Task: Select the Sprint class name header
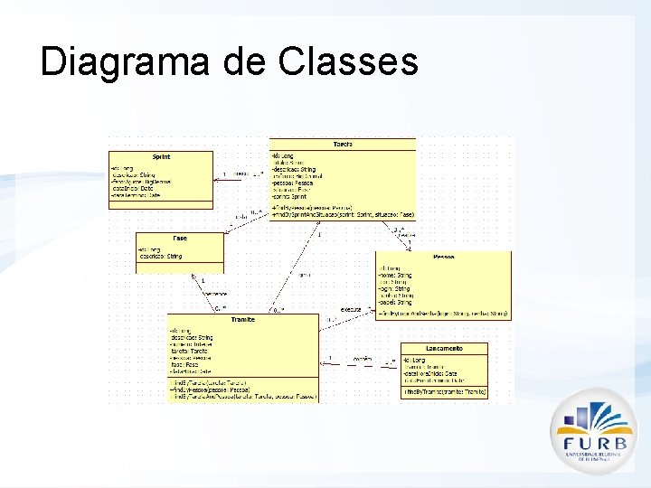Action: click(x=161, y=156)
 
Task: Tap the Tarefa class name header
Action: click(x=343, y=144)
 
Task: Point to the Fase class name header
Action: click(x=179, y=238)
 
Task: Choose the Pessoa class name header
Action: click(x=443, y=257)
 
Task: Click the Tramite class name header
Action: click(x=242, y=319)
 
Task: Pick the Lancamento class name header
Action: click(x=444, y=348)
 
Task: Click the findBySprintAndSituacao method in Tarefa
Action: click(x=343, y=214)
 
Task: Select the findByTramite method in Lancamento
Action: click(x=444, y=392)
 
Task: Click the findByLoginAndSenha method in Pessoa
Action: click(x=444, y=314)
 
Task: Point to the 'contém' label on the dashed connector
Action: click(x=362, y=359)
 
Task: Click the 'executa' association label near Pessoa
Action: click(x=350, y=309)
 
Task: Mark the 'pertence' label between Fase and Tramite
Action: click(x=215, y=294)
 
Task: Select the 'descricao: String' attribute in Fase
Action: click(x=160, y=257)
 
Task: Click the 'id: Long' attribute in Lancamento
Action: click(x=417, y=359)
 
